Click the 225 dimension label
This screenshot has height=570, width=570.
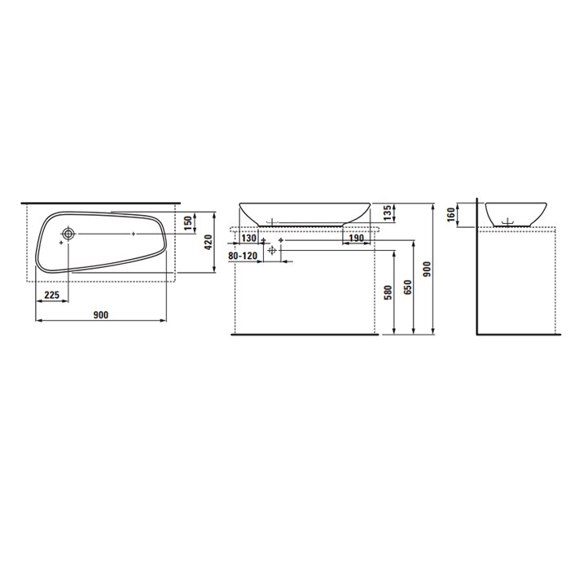(51, 295)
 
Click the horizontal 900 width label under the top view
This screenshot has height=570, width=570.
(101, 315)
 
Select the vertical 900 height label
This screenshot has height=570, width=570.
(427, 269)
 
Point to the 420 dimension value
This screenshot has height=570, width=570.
(208, 242)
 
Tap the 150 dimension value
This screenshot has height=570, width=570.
(188, 223)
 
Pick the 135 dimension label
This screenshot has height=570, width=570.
(388, 213)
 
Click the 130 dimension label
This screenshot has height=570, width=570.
(249, 239)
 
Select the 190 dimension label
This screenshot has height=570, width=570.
(357, 238)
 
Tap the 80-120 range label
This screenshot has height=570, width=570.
(243, 256)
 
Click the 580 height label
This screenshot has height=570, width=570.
(388, 292)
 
